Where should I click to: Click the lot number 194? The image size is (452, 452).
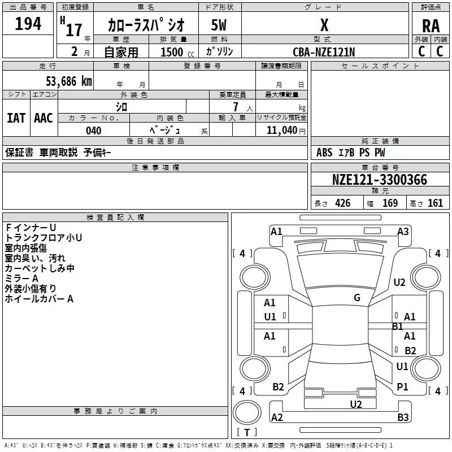[x=28, y=24]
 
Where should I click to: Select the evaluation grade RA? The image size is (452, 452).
[x=431, y=25]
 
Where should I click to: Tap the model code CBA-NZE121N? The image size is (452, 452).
[x=324, y=52]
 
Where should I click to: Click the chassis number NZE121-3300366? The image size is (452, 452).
[x=380, y=180]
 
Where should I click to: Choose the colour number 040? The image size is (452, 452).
[x=94, y=131]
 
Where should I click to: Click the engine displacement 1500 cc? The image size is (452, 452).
[x=175, y=52]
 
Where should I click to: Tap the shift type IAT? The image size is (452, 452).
[x=16, y=118]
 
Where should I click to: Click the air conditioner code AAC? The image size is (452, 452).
[x=44, y=118]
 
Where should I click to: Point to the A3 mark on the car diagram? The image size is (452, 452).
[x=403, y=231]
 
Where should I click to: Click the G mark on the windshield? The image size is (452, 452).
[x=357, y=298]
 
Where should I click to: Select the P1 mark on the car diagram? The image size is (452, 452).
[x=402, y=387]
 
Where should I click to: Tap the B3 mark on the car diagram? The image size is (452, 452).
[x=403, y=418]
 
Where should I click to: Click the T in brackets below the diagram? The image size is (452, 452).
[x=246, y=433]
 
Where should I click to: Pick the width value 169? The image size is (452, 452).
[x=390, y=203]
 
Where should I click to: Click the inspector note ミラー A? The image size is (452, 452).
[x=21, y=278]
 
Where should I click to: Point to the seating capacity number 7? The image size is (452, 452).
[x=235, y=107]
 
